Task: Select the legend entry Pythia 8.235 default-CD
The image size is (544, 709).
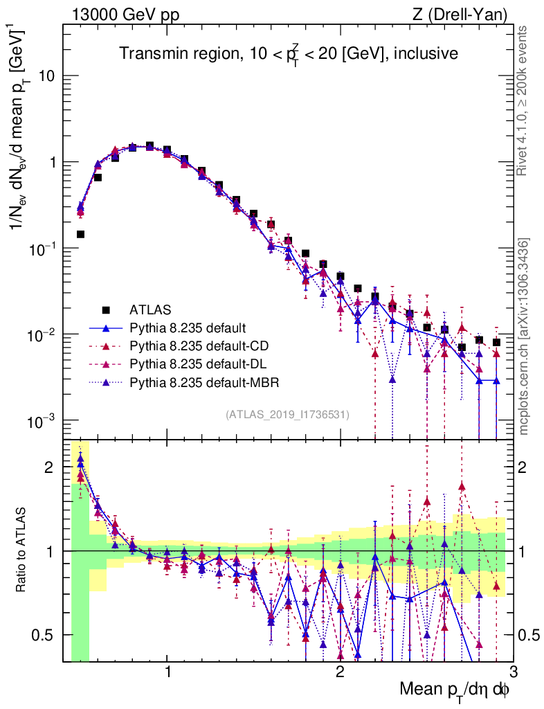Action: [x=198, y=345]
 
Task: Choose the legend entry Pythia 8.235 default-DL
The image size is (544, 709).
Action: [x=197, y=364]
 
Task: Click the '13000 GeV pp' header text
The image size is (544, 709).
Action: [x=125, y=13]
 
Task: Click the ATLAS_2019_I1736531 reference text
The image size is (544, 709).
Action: [x=287, y=415]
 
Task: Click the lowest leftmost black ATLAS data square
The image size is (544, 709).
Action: [x=80, y=235]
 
